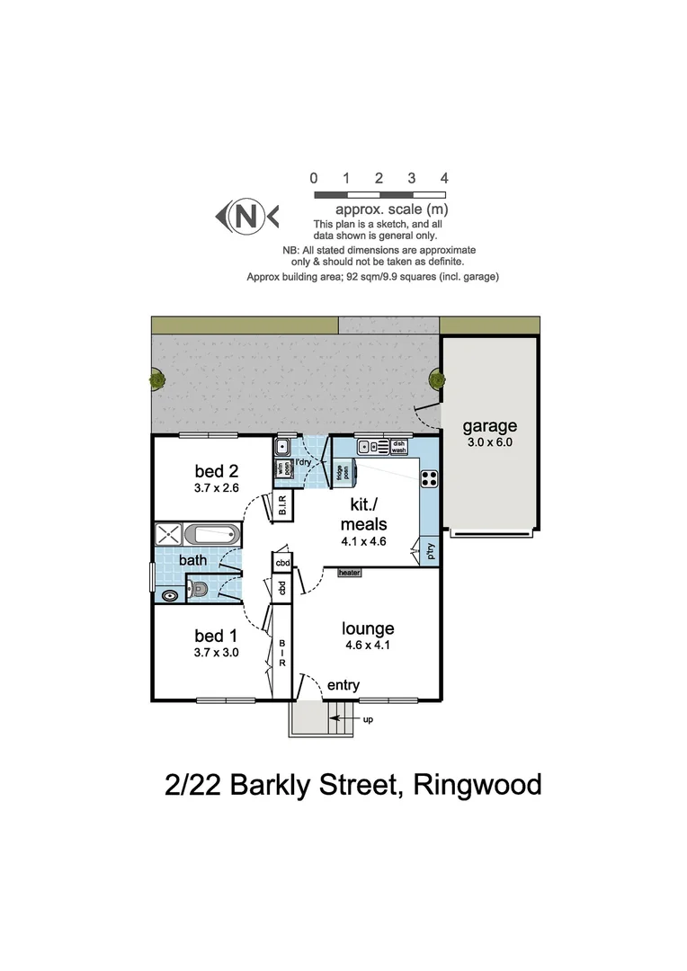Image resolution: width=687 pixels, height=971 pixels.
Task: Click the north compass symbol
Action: pyautogui.click(x=246, y=216)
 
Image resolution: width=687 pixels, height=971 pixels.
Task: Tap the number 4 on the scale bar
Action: pyautogui.click(x=444, y=178)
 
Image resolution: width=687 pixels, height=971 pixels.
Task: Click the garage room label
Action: pyautogui.click(x=489, y=426)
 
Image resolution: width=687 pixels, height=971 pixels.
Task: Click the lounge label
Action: pyautogui.click(x=368, y=628)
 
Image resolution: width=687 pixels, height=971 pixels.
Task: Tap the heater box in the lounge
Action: pyautogui.click(x=349, y=572)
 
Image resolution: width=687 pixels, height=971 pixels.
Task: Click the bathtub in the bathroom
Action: pyautogui.click(x=212, y=536)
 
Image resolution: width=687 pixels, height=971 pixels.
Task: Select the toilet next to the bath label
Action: pyautogui.click(x=201, y=591)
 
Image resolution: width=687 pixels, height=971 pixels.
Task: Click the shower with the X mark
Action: pyautogui.click(x=168, y=535)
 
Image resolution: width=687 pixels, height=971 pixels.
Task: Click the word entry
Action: pyautogui.click(x=343, y=685)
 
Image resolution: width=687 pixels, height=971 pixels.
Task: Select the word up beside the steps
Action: pyautogui.click(x=367, y=719)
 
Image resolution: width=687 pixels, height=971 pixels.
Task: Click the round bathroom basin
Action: pyautogui.click(x=170, y=595)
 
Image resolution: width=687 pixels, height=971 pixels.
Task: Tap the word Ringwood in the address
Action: pyautogui.click(x=477, y=785)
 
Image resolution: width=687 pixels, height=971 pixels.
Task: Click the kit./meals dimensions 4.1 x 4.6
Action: pyautogui.click(x=363, y=541)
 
